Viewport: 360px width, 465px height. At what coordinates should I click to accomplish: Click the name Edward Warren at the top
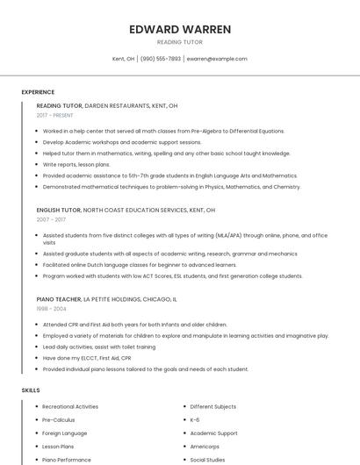click(180, 29)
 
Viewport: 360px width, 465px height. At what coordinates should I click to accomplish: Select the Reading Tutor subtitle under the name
click(180, 42)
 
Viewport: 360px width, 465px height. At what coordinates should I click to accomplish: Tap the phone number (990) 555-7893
click(161, 59)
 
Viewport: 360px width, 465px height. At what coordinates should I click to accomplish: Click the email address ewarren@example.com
click(217, 59)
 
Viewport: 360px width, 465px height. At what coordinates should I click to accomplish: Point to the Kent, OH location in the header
click(124, 59)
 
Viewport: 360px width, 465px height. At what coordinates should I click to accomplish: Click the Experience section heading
click(38, 91)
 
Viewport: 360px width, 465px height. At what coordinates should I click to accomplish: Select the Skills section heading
click(30, 390)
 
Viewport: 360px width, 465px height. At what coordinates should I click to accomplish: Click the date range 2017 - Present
click(55, 115)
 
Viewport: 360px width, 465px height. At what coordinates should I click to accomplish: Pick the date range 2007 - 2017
click(51, 220)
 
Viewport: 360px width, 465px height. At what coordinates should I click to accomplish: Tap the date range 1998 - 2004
click(51, 309)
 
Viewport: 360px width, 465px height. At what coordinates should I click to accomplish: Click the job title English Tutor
click(58, 211)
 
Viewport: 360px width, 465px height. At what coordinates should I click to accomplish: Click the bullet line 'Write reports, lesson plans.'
click(76, 164)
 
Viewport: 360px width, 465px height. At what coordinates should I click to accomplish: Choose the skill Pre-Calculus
click(59, 419)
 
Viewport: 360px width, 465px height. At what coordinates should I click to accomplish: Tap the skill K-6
click(195, 419)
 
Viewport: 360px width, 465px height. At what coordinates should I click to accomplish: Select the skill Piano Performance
click(67, 459)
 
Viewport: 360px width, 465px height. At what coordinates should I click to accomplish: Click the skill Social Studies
click(208, 459)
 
